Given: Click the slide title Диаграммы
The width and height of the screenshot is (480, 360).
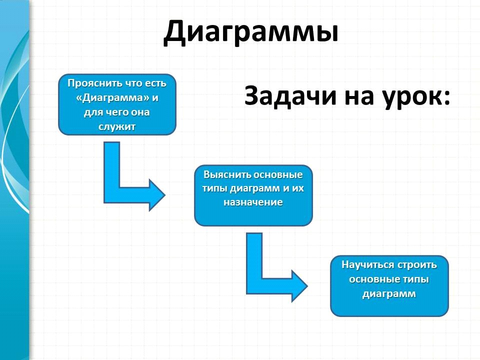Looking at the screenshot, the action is click(251, 32).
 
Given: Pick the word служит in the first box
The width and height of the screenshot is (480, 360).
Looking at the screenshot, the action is click(117, 126).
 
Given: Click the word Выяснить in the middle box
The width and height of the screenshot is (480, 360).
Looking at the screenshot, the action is click(227, 174).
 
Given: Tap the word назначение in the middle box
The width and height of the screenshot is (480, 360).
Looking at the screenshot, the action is click(253, 202).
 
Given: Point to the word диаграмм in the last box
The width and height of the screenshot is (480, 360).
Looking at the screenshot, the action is click(389, 294).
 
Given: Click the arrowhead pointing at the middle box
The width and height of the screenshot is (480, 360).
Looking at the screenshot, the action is click(156, 195).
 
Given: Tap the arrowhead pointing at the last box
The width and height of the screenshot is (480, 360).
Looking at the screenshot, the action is click(299, 286).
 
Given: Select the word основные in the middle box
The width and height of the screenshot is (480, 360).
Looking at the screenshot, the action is click(278, 175).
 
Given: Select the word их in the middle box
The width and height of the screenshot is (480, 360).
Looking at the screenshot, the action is click(297, 188).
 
